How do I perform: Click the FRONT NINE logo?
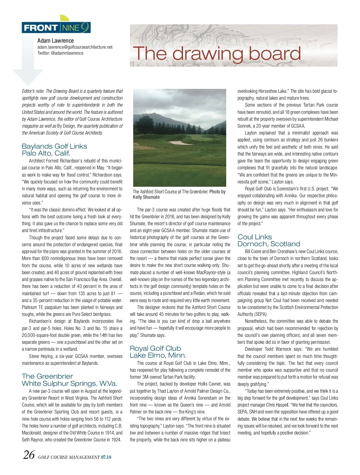click(56, 28)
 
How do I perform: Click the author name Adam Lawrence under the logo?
click(55, 41)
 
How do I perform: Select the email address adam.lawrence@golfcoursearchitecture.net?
click(75, 47)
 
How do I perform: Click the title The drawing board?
click(217, 53)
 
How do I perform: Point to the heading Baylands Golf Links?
click(54, 146)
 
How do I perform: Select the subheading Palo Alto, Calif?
click(46, 153)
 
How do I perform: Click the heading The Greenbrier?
click(47, 376)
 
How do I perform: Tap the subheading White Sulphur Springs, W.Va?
click(70, 383)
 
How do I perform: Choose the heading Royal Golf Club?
click(155, 348)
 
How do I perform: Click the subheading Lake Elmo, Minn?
click(158, 355)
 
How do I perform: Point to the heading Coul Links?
click(255, 237)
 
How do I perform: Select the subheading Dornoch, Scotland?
click(269, 244)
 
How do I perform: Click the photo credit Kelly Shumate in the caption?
click(146, 197)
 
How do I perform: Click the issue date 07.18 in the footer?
click(106, 457)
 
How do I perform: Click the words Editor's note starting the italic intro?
click(33, 91)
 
